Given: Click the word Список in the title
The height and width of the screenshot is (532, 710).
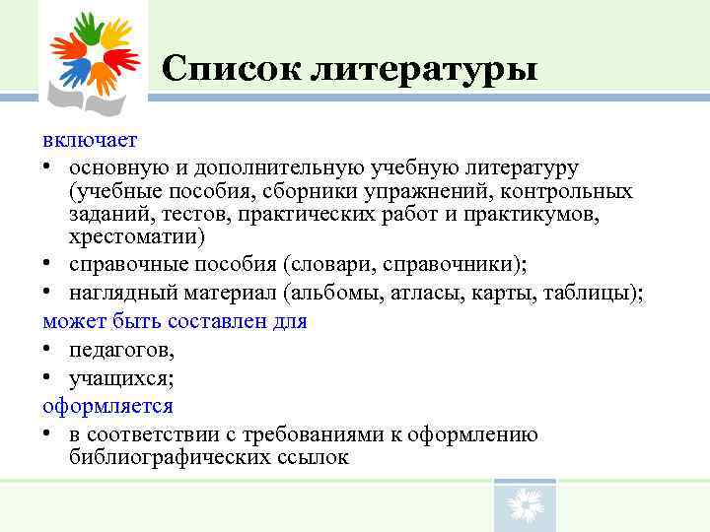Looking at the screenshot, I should coord(229,69).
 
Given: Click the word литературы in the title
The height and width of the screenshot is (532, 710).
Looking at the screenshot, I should coord(423,69).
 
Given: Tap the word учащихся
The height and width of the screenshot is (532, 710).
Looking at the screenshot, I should coord(115,378).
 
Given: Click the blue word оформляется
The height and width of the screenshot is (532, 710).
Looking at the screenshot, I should coord(107,406).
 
